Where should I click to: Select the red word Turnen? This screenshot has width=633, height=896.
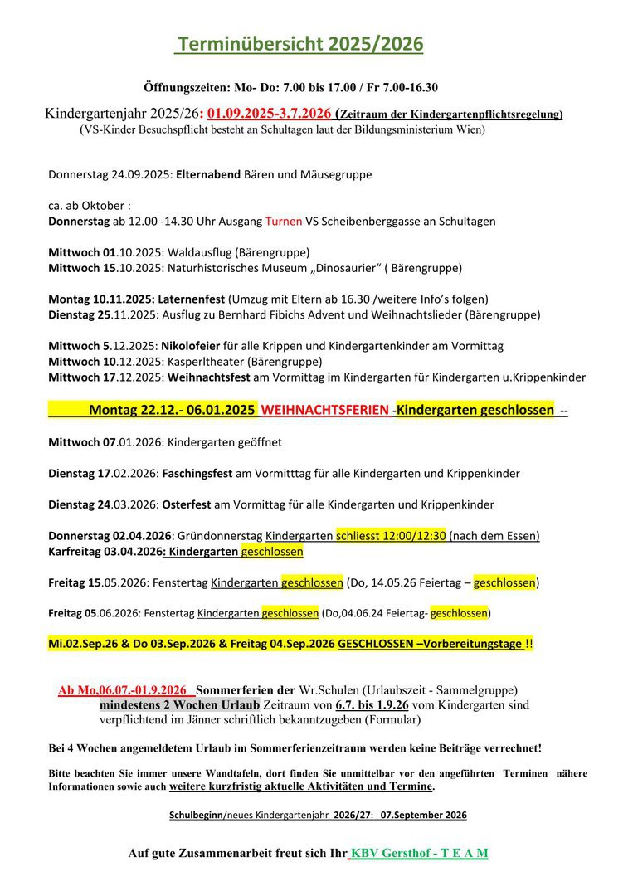tap(283, 222)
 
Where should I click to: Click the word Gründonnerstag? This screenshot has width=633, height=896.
tap(222, 536)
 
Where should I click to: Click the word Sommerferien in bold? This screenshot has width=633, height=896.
tap(237, 690)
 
